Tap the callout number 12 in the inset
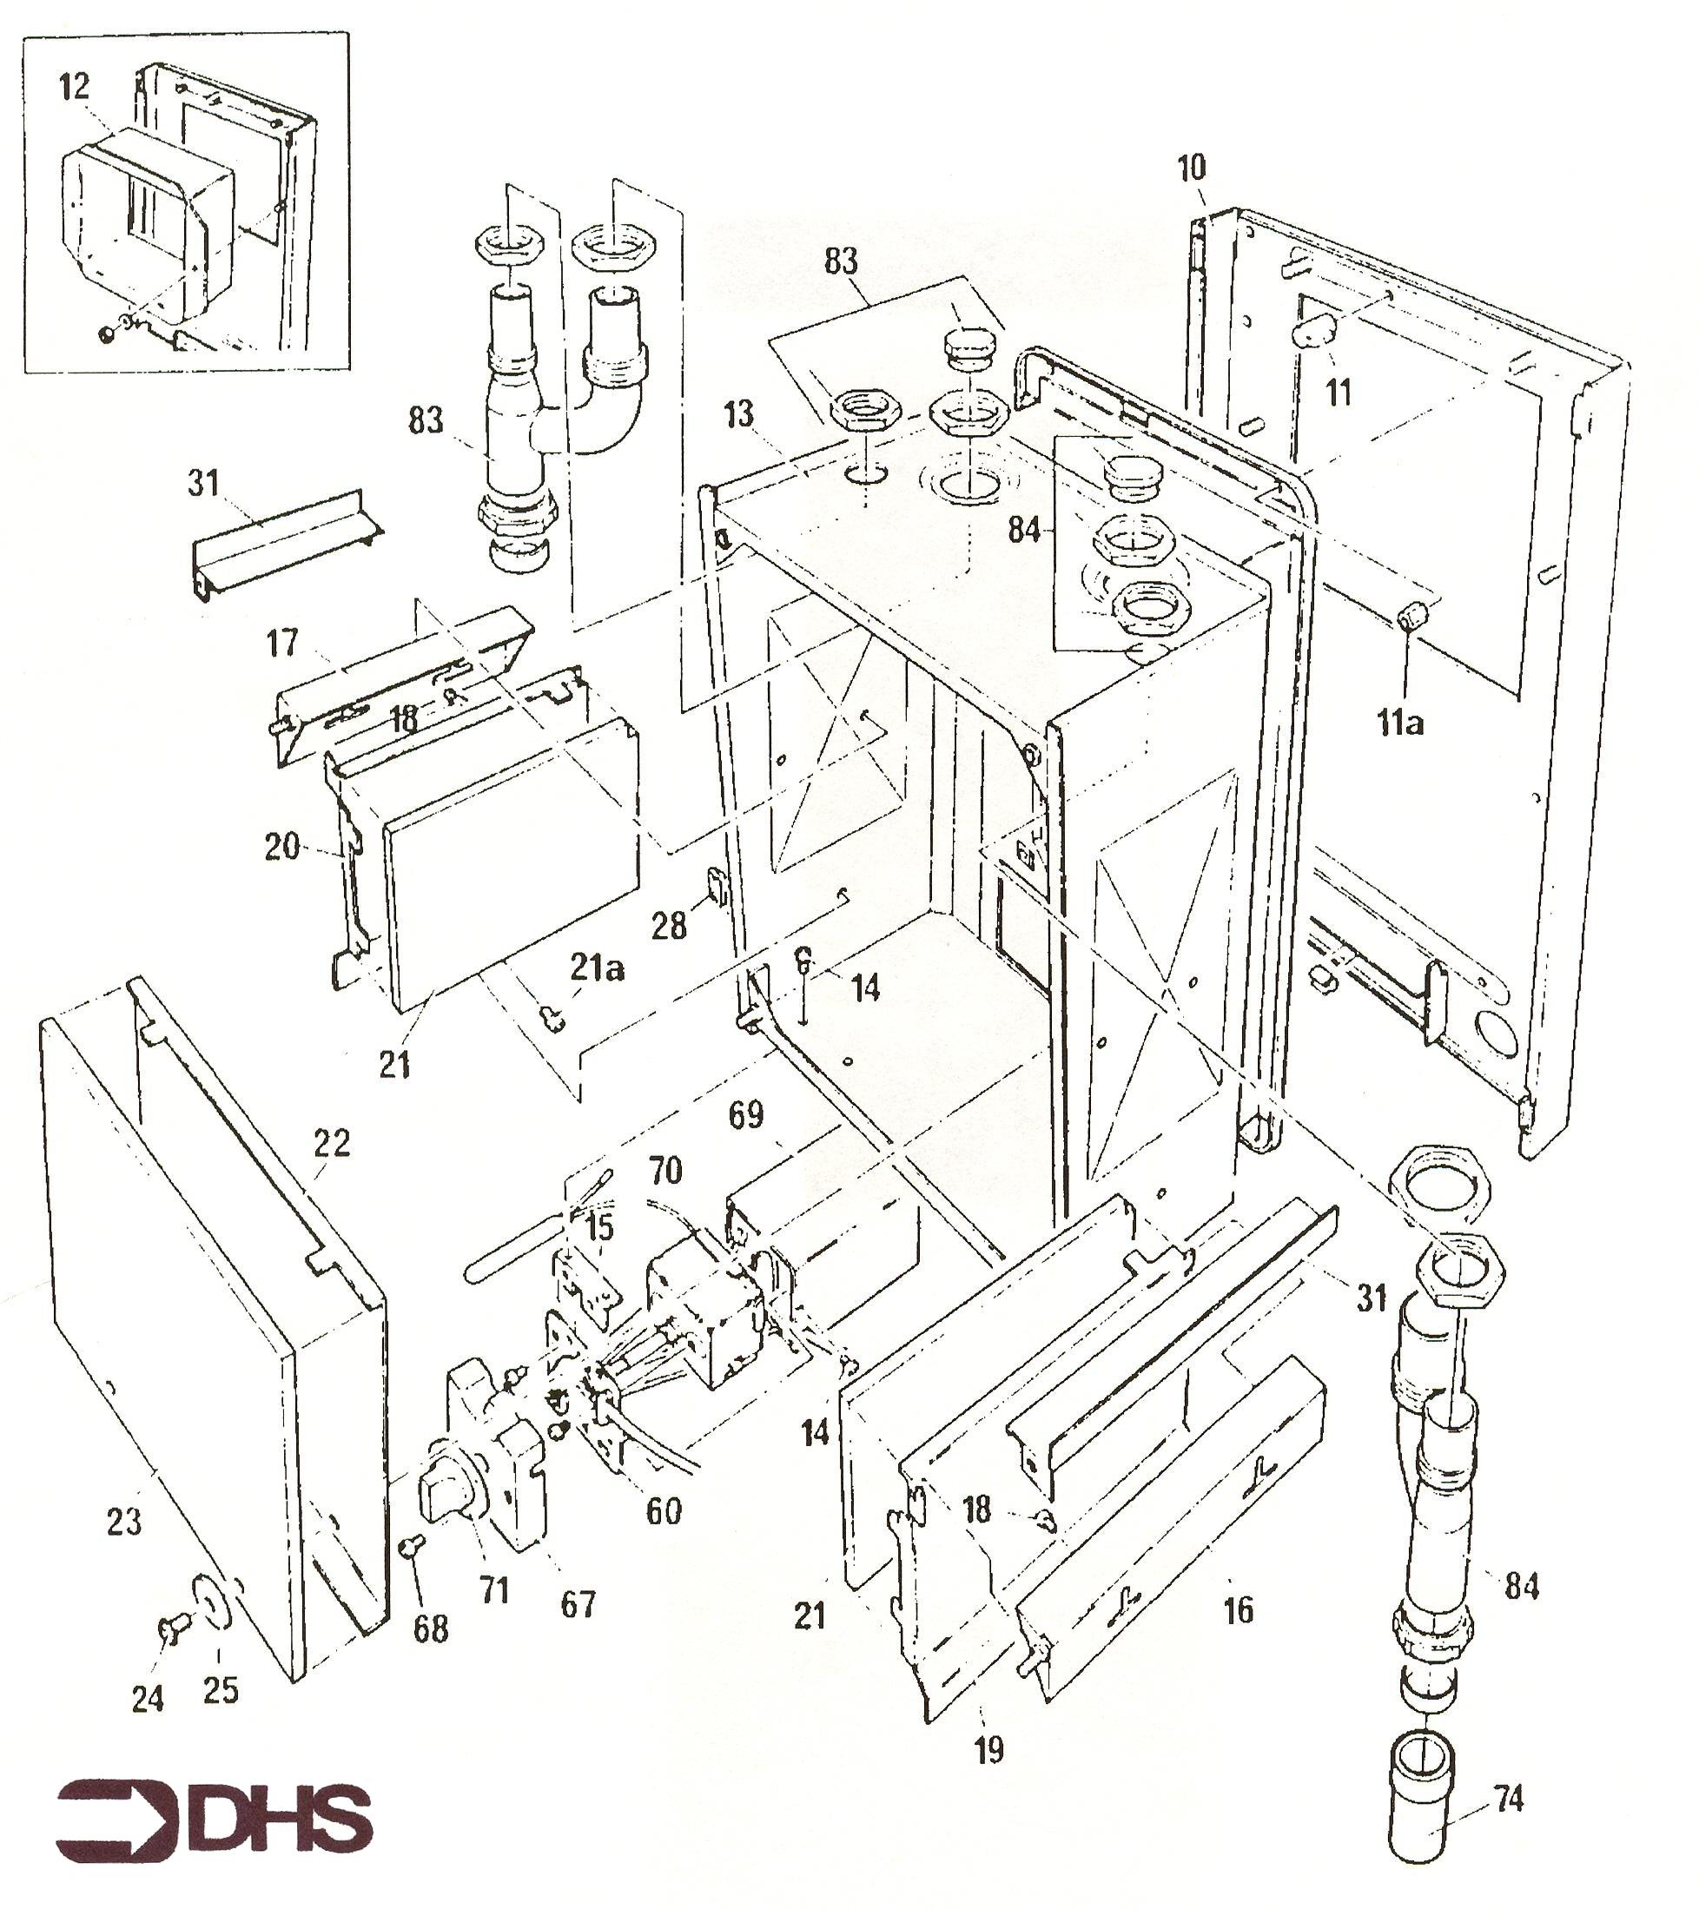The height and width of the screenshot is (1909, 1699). (x=74, y=87)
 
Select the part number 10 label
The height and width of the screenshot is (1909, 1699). (x=1191, y=168)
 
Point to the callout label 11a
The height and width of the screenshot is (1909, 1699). (x=1399, y=722)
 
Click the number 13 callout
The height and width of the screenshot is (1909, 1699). (x=737, y=413)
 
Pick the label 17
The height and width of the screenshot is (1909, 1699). (x=282, y=643)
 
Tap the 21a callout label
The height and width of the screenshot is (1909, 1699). (x=597, y=968)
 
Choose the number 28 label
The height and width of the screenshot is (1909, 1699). (x=669, y=927)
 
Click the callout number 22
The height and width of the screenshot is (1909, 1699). (x=332, y=1143)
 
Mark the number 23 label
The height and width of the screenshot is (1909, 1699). (x=124, y=1523)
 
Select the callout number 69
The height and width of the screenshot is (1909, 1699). (x=745, y=1114)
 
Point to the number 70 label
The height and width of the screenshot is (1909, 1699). (x=665, y=1170)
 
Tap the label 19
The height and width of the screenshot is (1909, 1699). (x=989, y=1751)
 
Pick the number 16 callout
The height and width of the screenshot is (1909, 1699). (x=1239, y=1610)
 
